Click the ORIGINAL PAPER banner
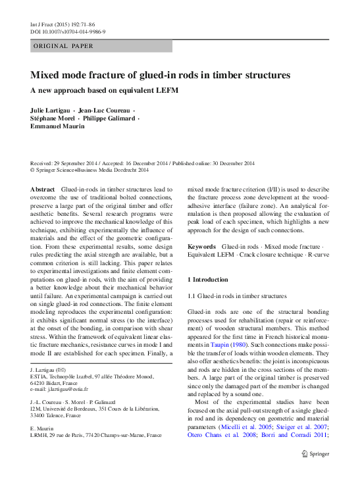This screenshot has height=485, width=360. point(63,46)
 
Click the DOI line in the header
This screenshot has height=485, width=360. point(68,32)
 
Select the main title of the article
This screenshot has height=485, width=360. point(160,75)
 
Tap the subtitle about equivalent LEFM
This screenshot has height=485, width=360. point(105,89)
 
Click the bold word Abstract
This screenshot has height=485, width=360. point(43,189)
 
